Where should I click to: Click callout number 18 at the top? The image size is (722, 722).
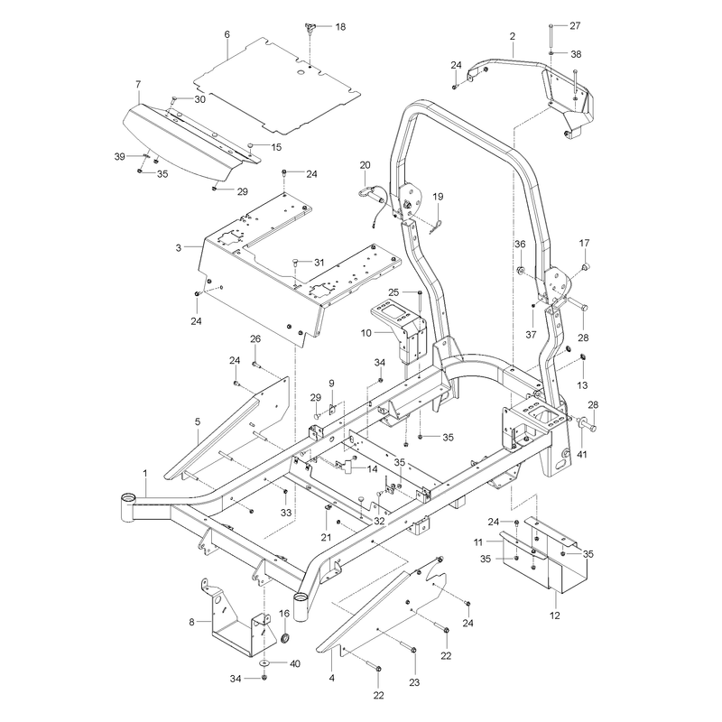pyautogui.click(x=340, y=27)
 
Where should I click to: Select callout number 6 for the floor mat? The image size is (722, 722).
pyautogui.click(x=227, y=34)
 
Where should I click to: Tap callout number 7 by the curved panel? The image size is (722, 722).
pyautogui.click(x=139, y=84)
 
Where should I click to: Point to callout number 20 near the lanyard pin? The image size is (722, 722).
pyautogui.click(x=366, y=165)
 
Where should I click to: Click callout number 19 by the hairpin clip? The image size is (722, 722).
pyautogui.click(x=438, y=197)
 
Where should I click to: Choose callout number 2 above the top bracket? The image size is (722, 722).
pyautogui.click(x=513, y=36)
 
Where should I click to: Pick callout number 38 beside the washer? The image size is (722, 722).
pyautogui.click(x=576, y=54)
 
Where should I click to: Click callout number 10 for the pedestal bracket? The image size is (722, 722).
pyautogui.click(x=366, y=332)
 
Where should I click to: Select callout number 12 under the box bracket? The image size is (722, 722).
pyautogui.click(x=555, y=616)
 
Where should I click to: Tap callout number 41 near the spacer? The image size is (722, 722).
pyautogui.click(x=582, y=455)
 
